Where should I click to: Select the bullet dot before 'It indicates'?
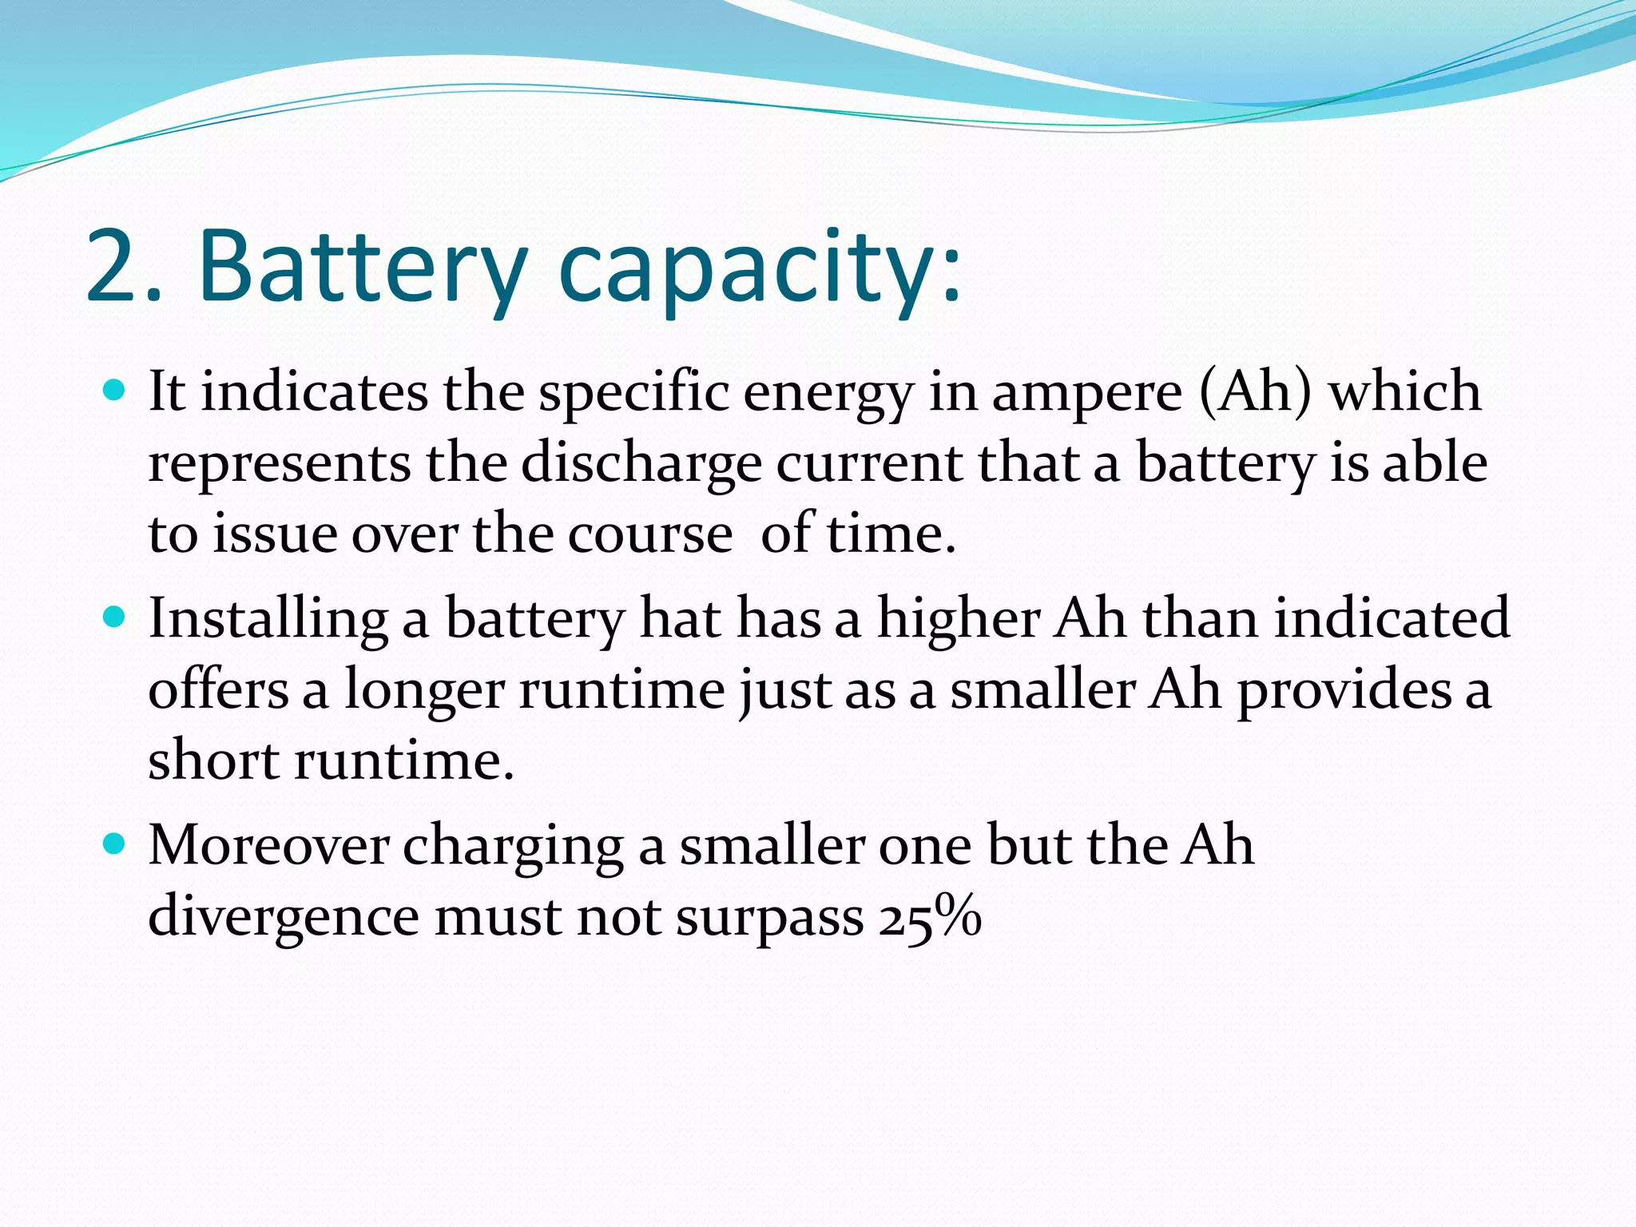tap(115, 391)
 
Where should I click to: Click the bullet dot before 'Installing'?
tap(115, 617)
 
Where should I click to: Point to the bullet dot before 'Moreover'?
tap(115, 844)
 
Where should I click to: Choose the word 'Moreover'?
tap(268, 845)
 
